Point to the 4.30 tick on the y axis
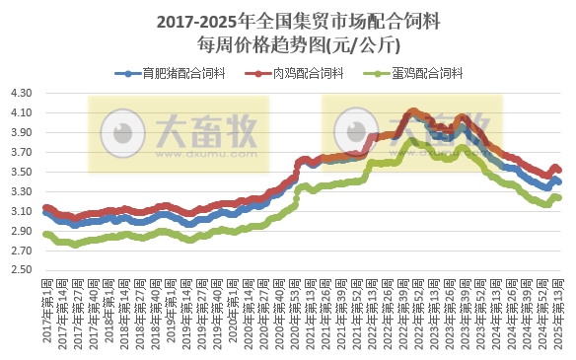click(22, 93)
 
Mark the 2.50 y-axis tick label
click(22, 270)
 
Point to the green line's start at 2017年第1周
click(45, 234)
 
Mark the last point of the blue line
click(559, 181)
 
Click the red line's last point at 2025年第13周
click(559, 170)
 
